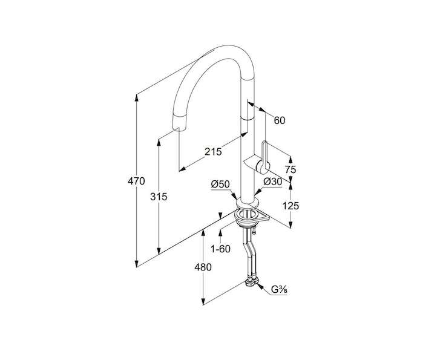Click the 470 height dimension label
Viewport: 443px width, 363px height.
tap(136, 181)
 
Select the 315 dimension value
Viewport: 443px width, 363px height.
tap(159, 197)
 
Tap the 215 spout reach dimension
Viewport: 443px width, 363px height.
tap(213, 152)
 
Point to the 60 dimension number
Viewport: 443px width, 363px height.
tap(280, 120)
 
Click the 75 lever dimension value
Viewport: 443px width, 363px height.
tap(290, 169)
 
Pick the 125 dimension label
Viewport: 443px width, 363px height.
tap(290, 206)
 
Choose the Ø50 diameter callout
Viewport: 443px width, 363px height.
tap(220, 184)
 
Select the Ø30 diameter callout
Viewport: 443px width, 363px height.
tap(272, 182)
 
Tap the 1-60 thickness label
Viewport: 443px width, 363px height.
tap(221, 249)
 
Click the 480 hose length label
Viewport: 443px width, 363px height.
tap(203, 267)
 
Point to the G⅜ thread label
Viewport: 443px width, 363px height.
tap(279, 290)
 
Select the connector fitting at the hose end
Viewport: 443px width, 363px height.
tap(252, 283)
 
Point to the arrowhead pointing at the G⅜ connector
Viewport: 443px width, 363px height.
tap(260, 287)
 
